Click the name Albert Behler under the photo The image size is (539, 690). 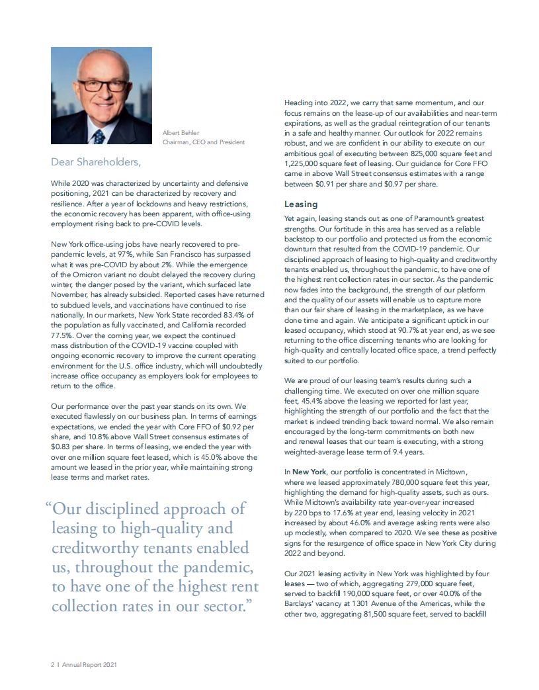tap(181, 133)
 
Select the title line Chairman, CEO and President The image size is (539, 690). tap(204, 142)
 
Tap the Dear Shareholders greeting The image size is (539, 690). tap(97, 161)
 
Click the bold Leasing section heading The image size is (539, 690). tap(301, 204)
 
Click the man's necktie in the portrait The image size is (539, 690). tap(99, 136)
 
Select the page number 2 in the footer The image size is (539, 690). tap(52, 665)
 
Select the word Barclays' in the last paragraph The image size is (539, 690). tap(303, 603)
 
